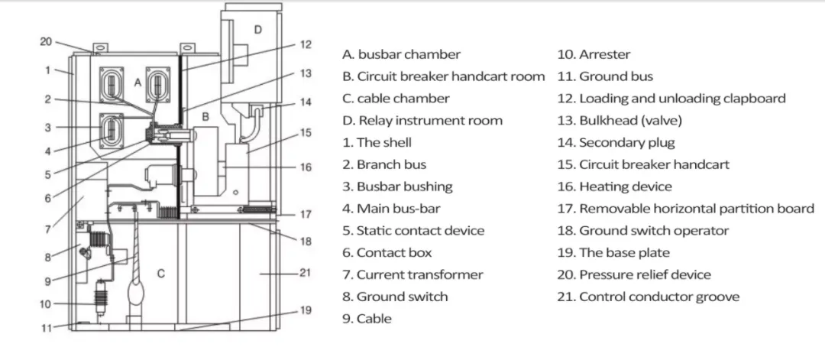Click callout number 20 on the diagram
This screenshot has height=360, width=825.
point(46,41)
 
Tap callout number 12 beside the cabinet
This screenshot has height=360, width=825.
point(305,44)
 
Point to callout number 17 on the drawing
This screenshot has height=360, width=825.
point(305,214)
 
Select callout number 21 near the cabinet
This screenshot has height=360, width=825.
point(305,272)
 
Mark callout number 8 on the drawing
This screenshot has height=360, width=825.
point(47,257)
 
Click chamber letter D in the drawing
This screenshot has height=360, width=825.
point(258,30)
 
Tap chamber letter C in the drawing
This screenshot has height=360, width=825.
point(160,273)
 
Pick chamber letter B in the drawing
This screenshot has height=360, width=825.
point(205,116)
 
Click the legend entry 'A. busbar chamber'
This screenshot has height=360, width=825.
point(402,54)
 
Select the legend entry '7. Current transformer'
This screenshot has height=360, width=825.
point(412,274)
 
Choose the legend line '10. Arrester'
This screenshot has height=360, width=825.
point(594,54)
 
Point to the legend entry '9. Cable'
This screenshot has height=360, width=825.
point(367,319)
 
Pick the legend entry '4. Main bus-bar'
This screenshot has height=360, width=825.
point(391,209)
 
